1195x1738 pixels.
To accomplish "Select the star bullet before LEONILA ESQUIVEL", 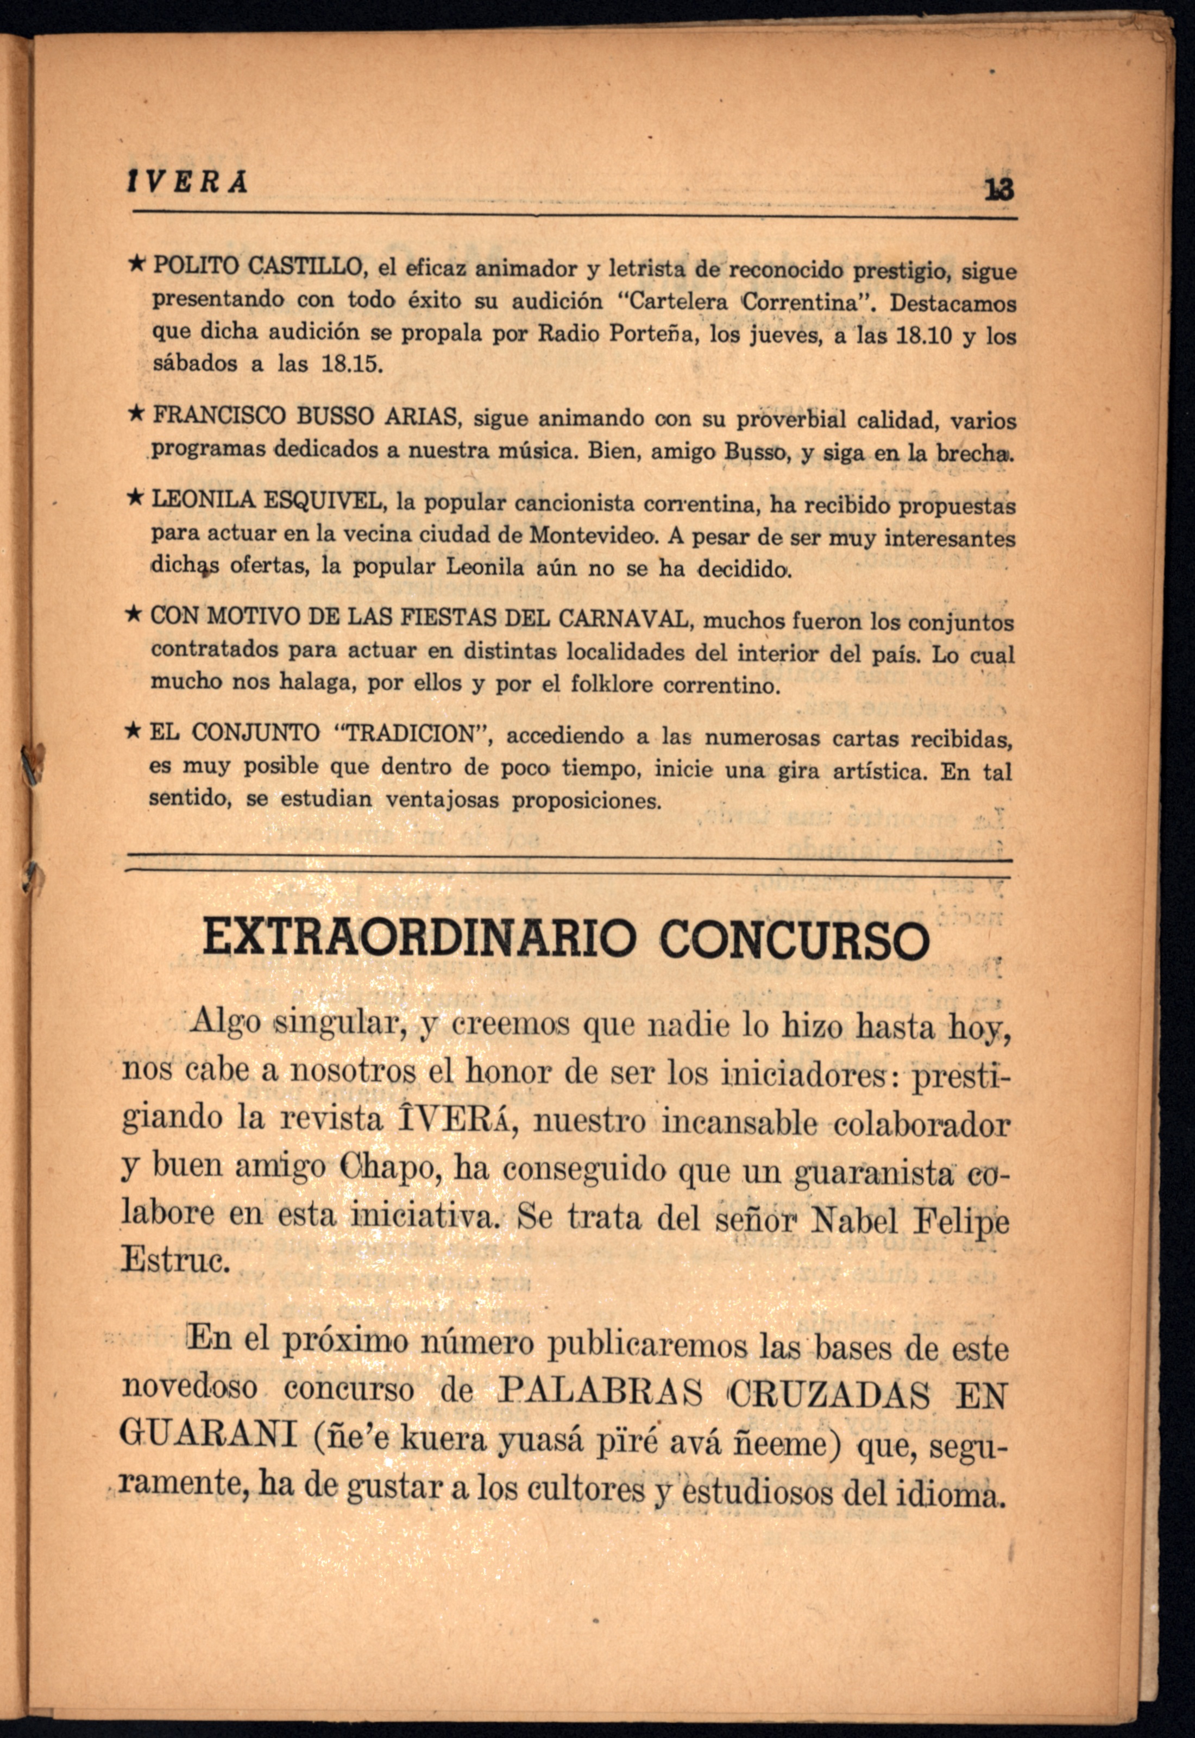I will click(136, 496).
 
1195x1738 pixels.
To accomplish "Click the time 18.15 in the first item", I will click(351, 364).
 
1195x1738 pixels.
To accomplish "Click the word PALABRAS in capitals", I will click(600, 1393).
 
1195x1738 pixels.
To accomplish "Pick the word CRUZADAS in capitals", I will click(829, 1395).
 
